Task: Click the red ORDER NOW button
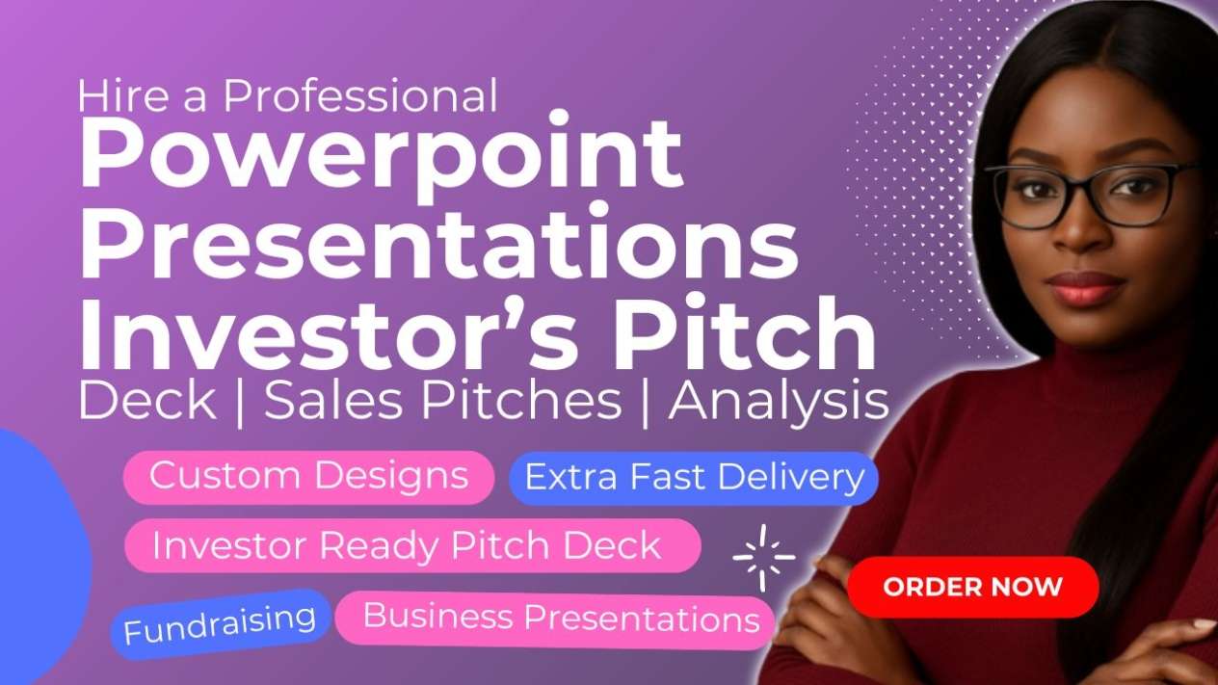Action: click(x=973, y=587)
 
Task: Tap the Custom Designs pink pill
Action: click(x=308, y=477)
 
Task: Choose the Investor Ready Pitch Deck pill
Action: click(x=412, y=545)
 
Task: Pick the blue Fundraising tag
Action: click(x=221, y=624)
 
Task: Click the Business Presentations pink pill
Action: click(x=555, y=619)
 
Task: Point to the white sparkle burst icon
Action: click(x=763, y=557)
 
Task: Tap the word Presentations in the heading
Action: click(x=439, y=242)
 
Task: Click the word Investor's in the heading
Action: click(x=328, y=332)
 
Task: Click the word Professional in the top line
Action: click(x=360, y=96)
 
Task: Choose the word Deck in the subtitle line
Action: click(x=146, y=401)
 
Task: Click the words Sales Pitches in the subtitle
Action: click(x=442, y=401)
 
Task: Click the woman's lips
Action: click(x=1085, y=288)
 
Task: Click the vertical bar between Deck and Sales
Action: click(x=240, y=404)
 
